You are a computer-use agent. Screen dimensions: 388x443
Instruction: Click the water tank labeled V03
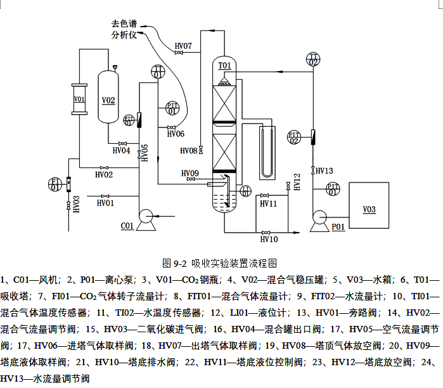(369, 208)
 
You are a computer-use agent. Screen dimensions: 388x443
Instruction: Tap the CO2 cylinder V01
(79, 100)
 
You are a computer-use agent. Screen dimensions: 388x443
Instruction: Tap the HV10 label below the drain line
(269, 239)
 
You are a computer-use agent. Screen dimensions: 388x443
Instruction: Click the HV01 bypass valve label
(105, 204)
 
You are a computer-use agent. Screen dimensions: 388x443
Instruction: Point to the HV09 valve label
(190, 173)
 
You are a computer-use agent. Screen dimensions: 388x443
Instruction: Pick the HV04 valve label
(121, 150)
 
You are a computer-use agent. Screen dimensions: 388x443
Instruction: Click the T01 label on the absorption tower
(225, 65)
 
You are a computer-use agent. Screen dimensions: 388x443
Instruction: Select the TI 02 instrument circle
(313, 60)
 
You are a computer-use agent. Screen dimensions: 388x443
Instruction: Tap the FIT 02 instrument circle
(294, 137)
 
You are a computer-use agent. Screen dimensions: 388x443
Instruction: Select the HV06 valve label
(176, 134)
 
